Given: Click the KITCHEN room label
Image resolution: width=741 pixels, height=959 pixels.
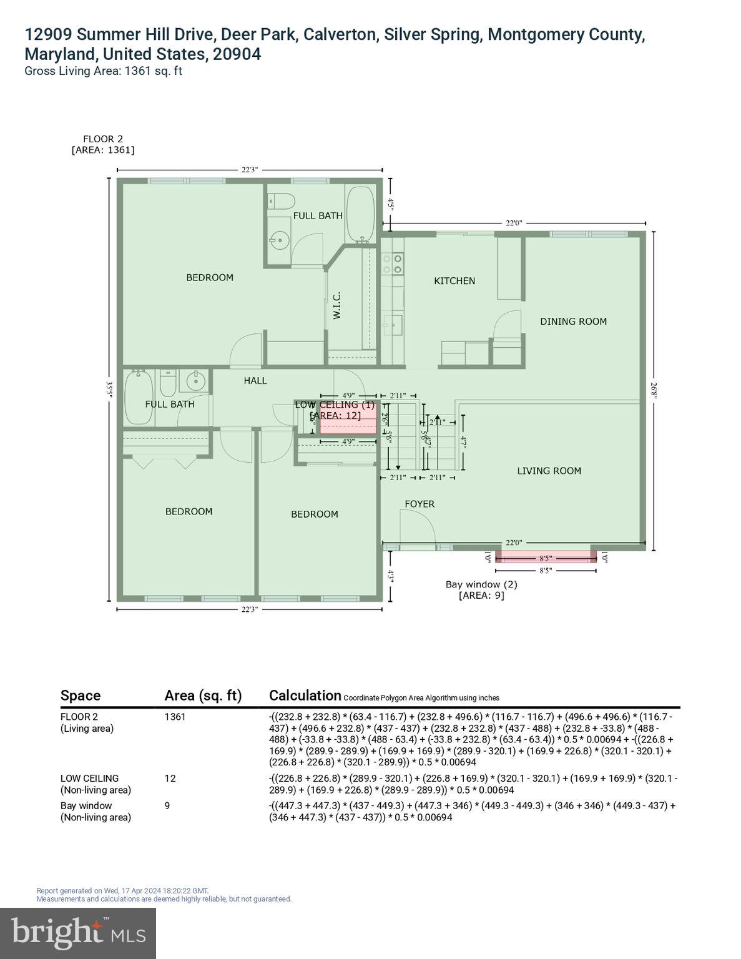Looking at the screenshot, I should point(454,281).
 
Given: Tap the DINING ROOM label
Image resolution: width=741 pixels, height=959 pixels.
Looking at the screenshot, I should point(573,322).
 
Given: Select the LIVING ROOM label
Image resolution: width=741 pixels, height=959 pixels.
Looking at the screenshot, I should point(549,471).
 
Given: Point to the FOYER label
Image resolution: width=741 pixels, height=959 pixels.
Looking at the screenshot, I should point(420,504).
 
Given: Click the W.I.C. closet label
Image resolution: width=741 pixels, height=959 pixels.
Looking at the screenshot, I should point(336,306).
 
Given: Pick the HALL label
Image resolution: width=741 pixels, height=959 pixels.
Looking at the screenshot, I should point(255,380).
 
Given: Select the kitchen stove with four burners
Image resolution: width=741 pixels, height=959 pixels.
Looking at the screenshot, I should point(393,263).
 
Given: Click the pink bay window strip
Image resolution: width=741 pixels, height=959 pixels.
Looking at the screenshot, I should point(546,558).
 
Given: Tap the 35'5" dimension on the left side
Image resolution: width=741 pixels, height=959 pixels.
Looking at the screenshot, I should point(109,390).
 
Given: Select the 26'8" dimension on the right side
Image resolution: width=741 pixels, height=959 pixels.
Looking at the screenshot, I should point(654,391).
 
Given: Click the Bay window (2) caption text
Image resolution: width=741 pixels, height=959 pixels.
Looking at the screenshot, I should point(481,584).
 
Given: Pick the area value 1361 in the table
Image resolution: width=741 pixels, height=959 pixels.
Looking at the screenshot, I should point(175,717).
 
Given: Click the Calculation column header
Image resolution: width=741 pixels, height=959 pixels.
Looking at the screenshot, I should point(305,696).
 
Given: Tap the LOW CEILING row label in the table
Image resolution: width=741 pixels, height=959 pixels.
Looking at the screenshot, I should point(89,778).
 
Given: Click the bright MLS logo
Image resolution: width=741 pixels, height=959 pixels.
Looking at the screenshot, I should point(78,933).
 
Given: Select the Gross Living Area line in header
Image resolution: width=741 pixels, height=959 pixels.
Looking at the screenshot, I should point(103,71).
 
